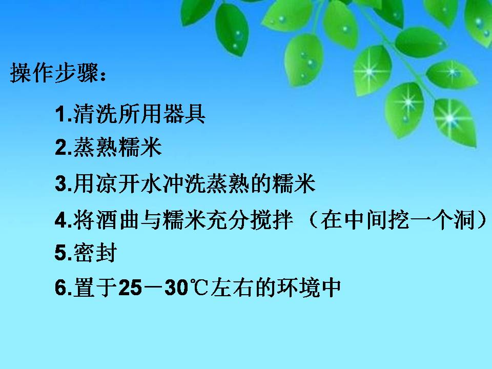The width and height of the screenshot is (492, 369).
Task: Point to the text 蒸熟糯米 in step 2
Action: pos(117,149)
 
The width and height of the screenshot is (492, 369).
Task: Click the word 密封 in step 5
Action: pos(96,254)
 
